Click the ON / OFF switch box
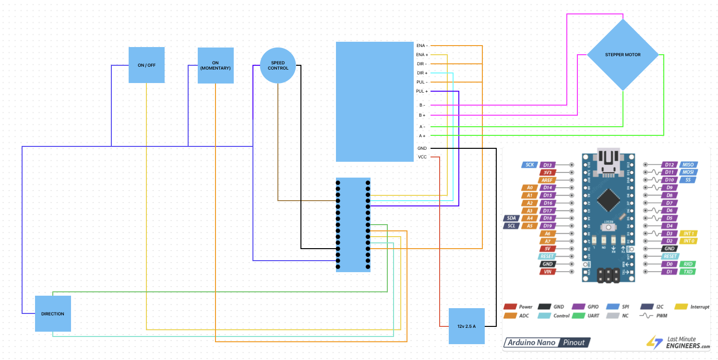pos(146,65)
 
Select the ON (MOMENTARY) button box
pos(215,65)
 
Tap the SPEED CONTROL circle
pos(278,65)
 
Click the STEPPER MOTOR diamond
pos(622,55)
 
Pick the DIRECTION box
pos(53,313)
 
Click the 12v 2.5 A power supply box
pos(467,326)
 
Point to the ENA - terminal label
pos(422,46)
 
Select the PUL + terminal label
pos(422,91)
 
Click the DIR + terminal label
pos(422,73)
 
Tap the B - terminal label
pos(422,105)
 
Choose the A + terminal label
pos(422,136)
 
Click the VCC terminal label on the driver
pos(422,157)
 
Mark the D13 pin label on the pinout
pos(548,165)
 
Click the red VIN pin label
pos(548,272)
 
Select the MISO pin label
pos(687,165)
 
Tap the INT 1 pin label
pos(687,233)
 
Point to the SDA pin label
pos(511,218)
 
